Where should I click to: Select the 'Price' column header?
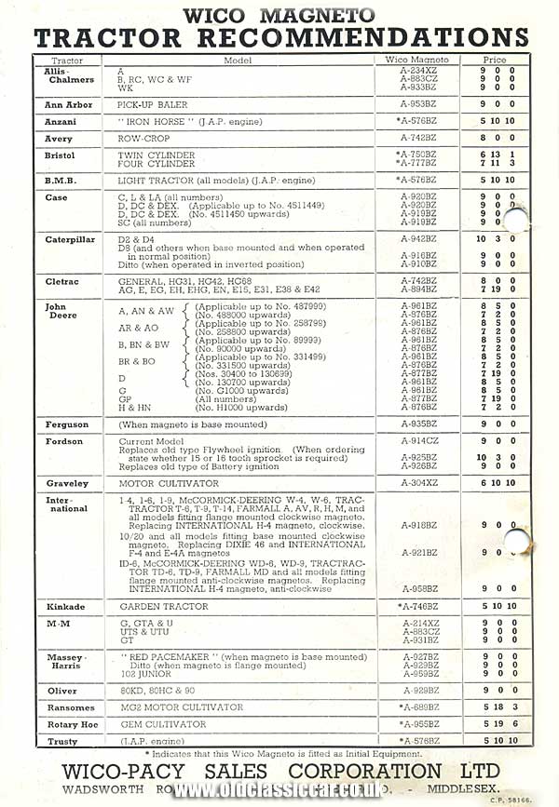click(x=495, y=60)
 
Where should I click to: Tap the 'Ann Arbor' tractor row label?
click(x=68, y=105)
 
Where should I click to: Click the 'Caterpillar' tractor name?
click(x=69, y=239)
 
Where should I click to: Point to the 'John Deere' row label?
click(x=59, y=310)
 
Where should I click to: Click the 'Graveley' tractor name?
click(x=67, y=483)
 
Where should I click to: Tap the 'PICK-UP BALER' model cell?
click(x=152, y=105)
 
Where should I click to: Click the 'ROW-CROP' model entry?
click(x=143, y=139)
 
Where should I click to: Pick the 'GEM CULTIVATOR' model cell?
click(x=156, y=724)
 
